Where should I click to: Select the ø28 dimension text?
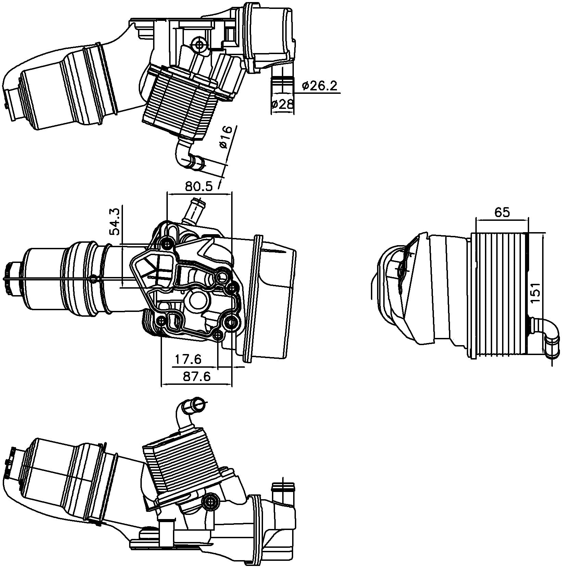[x=282, y=104]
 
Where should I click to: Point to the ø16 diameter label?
[x=226, y=137]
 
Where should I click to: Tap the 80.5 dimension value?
[x=199, y=186]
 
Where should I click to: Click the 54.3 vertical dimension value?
[x=115, y=222]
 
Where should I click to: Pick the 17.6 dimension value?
[x=188, y=359]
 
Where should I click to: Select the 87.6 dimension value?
[x=197, y=376]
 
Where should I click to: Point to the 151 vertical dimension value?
[x=536, y=292]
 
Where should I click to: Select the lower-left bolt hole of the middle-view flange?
[x=161, y=321]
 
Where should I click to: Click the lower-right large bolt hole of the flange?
[x=232, y=322]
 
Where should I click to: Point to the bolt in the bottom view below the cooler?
[x=211, y=502]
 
